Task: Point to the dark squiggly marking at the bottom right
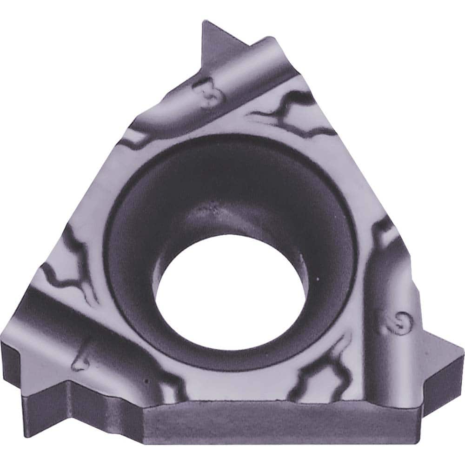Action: [321, 372]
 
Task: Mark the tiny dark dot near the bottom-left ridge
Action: [146, 382]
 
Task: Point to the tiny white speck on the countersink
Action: [317, 279]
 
